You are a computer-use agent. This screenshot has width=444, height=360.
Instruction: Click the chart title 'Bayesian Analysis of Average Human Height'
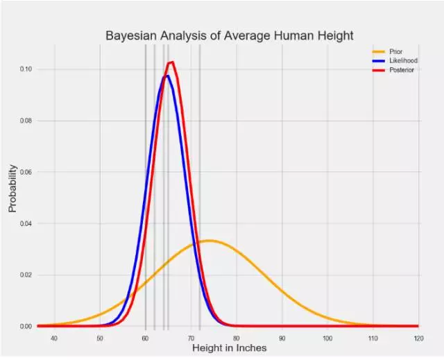[230, 35]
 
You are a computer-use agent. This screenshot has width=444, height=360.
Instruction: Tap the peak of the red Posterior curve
[171, 62]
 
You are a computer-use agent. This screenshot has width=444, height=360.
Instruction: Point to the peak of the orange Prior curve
[210, 241]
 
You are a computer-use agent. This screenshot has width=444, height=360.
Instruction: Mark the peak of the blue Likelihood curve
[166, 76]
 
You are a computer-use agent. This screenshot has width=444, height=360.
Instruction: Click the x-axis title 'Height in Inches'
[229, 348]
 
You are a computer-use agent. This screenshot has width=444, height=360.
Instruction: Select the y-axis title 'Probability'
[12, 188]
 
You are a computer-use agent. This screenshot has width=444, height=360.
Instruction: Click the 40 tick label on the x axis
[54, 338]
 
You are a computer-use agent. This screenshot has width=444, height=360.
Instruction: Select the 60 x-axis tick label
[145, 338]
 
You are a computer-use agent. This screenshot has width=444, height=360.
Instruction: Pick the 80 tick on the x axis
[237, 338]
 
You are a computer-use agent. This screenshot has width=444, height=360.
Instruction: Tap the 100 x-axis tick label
[327, 338]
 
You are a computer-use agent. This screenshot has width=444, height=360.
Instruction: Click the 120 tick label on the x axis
[418, 338]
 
